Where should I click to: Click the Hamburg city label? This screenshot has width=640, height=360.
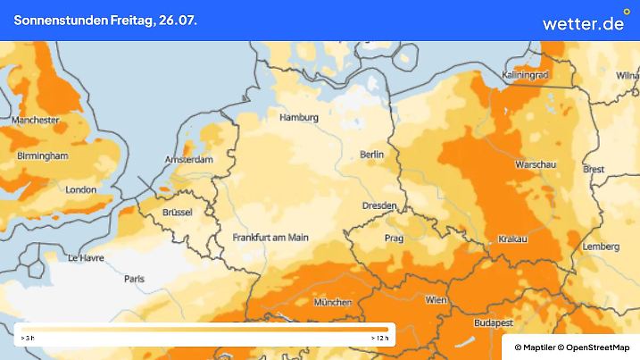pyautogui.click(x=299, y=118)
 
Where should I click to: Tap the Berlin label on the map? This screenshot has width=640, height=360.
pyautogui.click(x=371, y=155)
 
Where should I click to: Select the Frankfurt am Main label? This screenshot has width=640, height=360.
pyautogui.click(x=270, y=238)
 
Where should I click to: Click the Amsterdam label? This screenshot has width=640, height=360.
pyautogui.click(x=189, y=160)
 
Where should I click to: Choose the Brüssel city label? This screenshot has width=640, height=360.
pyautogui.click(x=178, y=212)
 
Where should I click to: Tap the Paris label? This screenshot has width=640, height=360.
pyautogui.click(x=135, y=279)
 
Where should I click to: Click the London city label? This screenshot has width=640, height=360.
pyautogui.click(x=80, y=189)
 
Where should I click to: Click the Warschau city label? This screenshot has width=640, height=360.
pyautogui.click(x=536, y=165)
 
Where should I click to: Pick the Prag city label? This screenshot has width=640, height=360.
pyautogui.click(x=394, y=239)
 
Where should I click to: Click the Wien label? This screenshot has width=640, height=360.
pyautogui.click(x=436, y=300)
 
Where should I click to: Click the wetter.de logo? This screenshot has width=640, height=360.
pyautogui.click(x=584, y=22)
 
